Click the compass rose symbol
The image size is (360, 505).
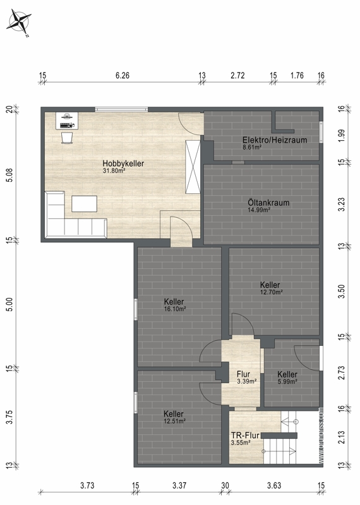[19, 22]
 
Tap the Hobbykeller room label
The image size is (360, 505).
[123, 163]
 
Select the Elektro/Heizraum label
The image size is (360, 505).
[275, 140]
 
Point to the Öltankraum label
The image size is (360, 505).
[268, 203]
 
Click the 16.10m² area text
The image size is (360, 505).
[175, 309]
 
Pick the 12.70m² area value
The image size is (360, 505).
[272, 292]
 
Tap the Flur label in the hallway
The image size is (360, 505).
[243, 374]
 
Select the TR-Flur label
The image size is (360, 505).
[245, 436]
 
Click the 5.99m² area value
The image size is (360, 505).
[287, 382]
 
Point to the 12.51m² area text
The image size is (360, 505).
[174, 421]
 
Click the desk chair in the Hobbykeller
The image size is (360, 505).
[67, 137]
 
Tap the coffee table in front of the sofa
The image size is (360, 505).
[84, 204]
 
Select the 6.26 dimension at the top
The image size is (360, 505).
[123, 75]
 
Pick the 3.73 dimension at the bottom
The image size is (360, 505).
[87, 485]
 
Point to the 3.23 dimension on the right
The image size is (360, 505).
[342, 204]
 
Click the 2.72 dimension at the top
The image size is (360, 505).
[237, 75]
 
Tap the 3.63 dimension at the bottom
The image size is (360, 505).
[274, 485]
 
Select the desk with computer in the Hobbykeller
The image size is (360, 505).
[67, 121]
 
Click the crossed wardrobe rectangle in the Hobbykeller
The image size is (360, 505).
[193, 167]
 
